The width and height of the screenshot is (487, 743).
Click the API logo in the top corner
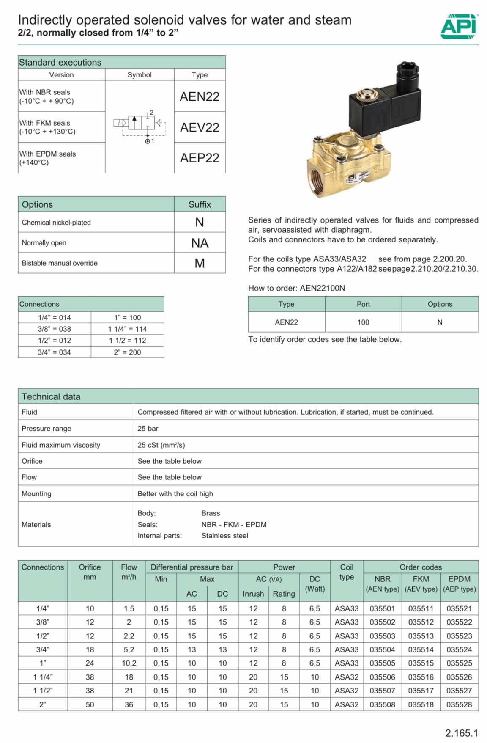click(459, 26)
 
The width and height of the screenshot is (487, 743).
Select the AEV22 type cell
click(200, 127)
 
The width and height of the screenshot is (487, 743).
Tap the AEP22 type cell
click(200, 158)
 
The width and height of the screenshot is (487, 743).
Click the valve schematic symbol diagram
click(140, 127)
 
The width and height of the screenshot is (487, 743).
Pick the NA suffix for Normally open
click(200, 243)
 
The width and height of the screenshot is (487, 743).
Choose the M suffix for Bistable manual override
click(200, 263)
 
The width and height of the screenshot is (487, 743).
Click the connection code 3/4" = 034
click(55, 352)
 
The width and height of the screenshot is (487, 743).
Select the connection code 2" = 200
click(127, 352)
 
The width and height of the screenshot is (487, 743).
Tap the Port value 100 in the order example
click(363, 322)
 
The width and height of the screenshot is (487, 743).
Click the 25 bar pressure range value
click(148, 429)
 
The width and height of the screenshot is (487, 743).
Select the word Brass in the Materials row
click(211, 513)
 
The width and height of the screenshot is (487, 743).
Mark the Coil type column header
click(347, 572)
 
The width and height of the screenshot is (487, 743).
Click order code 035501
click(382, 608)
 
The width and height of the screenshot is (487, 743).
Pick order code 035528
click(459, 704)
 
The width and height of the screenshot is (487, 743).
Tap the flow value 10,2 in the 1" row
click(129, 663)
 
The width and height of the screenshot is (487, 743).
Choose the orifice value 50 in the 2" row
click(90, 704)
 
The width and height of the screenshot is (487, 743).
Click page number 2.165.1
click(461, 733)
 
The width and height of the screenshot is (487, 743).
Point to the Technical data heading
click(51, 396)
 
